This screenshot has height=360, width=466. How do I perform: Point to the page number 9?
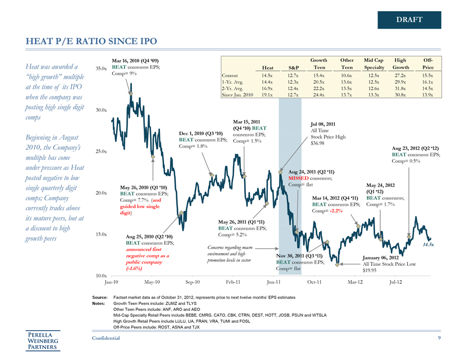coord(439,338)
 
